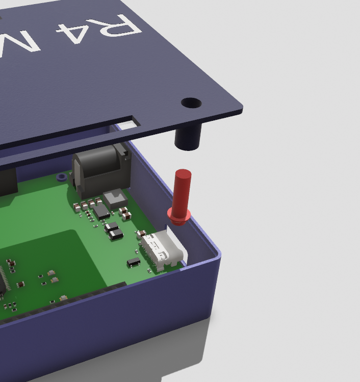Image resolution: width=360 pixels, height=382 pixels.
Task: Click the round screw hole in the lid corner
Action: [191, 103]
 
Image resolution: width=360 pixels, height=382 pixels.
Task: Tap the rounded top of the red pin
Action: [183, 175]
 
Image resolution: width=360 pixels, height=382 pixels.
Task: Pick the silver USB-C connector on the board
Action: [162, 250]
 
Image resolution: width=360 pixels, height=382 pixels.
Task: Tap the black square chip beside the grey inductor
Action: [101, 212]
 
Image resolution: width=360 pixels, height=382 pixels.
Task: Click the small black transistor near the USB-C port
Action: [134, 262]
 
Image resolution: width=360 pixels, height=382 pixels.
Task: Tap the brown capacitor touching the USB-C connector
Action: [141, 235]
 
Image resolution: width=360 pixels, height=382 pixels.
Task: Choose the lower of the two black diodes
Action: [116, 234]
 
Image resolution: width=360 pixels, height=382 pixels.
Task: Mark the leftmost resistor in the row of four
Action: [76, 207]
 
